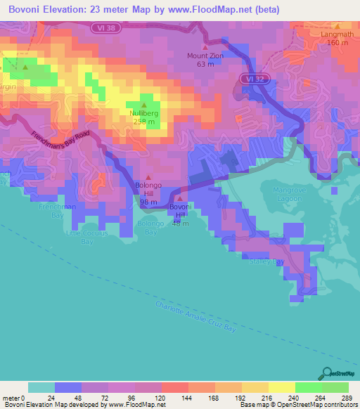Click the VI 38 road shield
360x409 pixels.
point(103,27)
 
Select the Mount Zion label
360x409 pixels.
point(205,56)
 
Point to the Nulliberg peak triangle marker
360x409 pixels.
point(144,105)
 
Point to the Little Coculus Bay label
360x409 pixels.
point(79,237)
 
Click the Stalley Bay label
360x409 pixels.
point(266,261)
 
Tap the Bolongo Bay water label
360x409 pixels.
point(150,228)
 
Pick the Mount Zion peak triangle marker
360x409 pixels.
point(205,47)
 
